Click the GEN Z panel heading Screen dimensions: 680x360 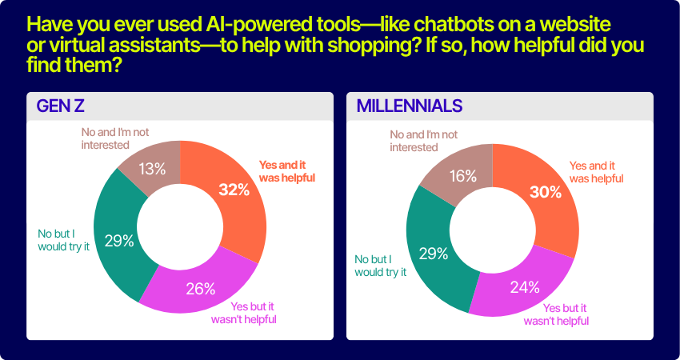pyautogui.click(x=60, y=106)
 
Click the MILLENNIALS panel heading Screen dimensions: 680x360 pyautogui.click(x=410, y=106)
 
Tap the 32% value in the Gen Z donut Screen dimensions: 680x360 pyautogui.click(x=234, y=190)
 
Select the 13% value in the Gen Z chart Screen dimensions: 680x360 pyautogui.click(x=152, y=169)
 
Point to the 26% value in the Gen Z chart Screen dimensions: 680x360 pyautogui.click(x=201, y=289)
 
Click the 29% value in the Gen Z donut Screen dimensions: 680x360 pyautogui.click(x=119, y=241)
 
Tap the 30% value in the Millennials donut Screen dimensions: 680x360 pyautogui.click(x=546, y=192)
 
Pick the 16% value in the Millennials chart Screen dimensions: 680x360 pyautogui.click(x=462, y=177)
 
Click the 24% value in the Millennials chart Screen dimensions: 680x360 pyautogui.click(x=525, y=286)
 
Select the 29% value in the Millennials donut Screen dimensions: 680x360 pyautogui.click(x=434, y=254)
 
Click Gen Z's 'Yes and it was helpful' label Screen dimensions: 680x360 pyautogui.click(x=287, y=171)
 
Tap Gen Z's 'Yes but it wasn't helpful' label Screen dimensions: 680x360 pyautogui.click(x=244, y=313)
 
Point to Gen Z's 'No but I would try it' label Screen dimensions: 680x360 pyautogui.click(x=63, y=240)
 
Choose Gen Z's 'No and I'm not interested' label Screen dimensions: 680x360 pyautogui.click(x=115, y=138)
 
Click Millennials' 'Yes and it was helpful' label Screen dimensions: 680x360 pyautogui.click(x=596, y=172)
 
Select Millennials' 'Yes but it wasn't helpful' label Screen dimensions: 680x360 pyautogui.click(x=557, y=314)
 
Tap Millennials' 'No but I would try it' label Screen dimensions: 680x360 pyautogui.click(x=381, y=266)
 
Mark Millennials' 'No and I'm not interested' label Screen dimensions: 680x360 pyautogui.click(x=424, y=141)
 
